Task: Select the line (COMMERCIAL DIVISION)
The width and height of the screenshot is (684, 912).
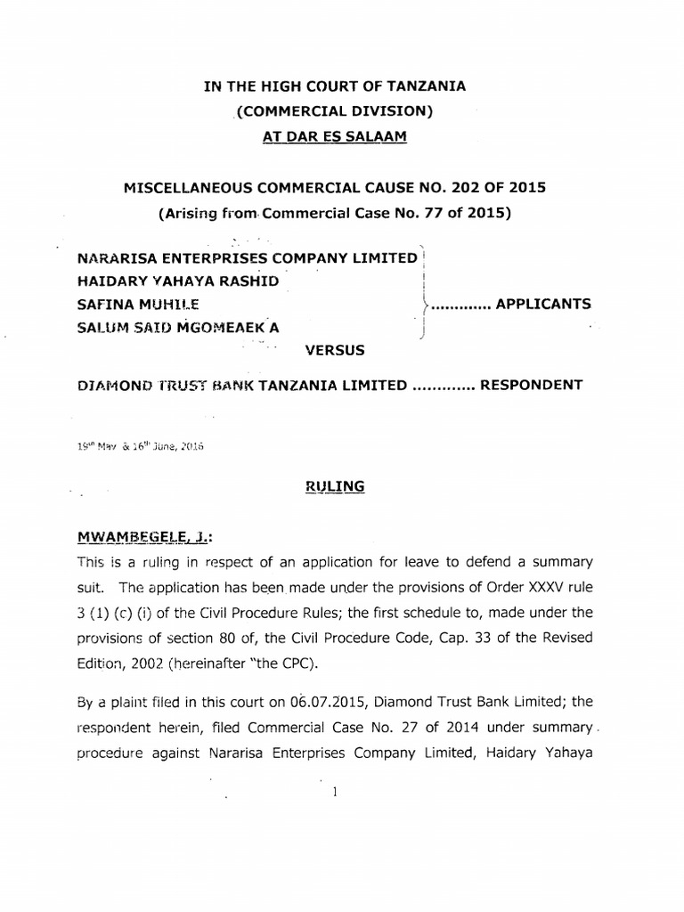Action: (x=334, y=111)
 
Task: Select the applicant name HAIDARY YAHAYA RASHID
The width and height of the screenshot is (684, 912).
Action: (x=178, y=281)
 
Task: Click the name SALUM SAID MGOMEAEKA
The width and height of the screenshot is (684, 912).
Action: (x=178, y=328)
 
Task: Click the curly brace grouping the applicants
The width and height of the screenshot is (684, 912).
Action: (x=425, y=294)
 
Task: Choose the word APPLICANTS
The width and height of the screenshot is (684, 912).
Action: (x=542, y=304)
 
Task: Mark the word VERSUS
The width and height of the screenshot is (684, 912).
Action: (x=335, y=351)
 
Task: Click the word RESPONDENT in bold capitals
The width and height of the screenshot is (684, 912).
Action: (x=531, y=386)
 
